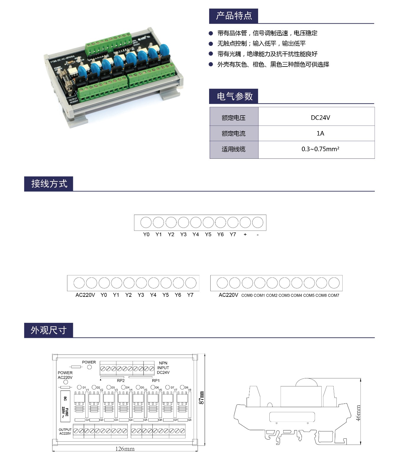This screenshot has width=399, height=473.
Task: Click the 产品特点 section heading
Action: click(x=234, y=16)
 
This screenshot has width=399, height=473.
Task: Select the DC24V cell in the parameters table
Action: click(x=320, y=118)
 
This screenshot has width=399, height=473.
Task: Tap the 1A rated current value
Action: click(x=320, y=133)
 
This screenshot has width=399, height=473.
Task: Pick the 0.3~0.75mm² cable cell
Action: click(x=320, y=149)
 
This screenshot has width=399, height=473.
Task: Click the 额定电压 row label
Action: click(x=234, y=118)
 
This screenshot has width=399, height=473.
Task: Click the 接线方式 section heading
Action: click(x=49, y=184)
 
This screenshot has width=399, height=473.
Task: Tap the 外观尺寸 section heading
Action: click(x=49, y=330)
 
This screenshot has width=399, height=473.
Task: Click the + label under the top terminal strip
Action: click(x=245, y=234)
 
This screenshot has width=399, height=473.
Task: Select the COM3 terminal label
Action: click(x=284, y=295)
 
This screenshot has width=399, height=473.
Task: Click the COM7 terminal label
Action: click(x=333, y=295)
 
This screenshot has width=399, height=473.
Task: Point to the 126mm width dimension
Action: click(x=125, y=449)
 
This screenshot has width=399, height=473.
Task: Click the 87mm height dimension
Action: click(x=201, y=398)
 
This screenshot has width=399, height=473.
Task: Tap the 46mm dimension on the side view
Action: click(x=358, y=413)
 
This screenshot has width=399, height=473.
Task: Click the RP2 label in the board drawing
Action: click(x=121, y=380)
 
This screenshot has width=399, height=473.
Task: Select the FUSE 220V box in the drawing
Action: click(x=65, y=406)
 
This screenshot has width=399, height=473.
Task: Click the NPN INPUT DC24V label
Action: click(x=163, y=368)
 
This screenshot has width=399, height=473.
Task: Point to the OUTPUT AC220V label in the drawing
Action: click(x=65, y=431)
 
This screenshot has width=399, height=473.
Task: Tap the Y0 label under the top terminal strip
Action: click(x=146, y=234)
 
